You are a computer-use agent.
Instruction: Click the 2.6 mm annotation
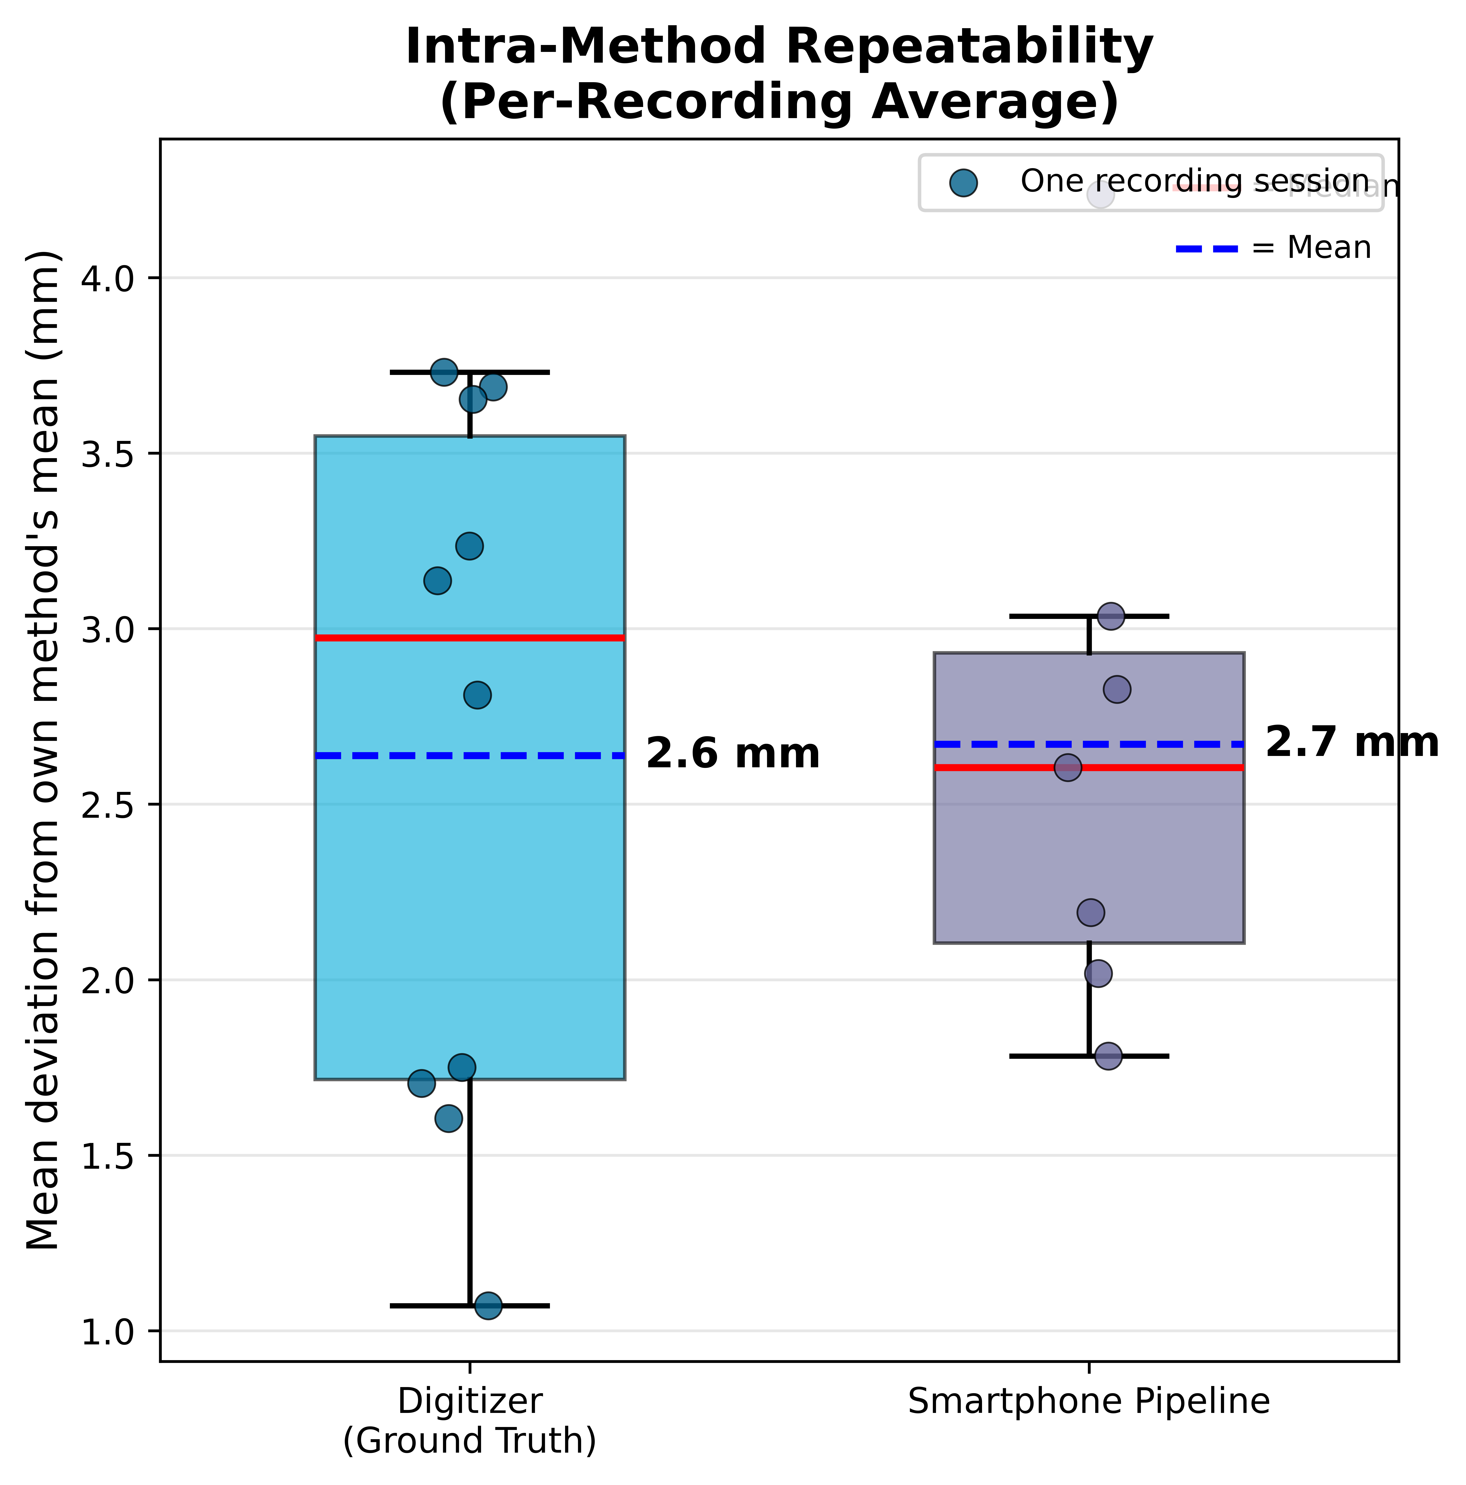(732, 754)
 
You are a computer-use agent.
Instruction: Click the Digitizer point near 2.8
(477, 696)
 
